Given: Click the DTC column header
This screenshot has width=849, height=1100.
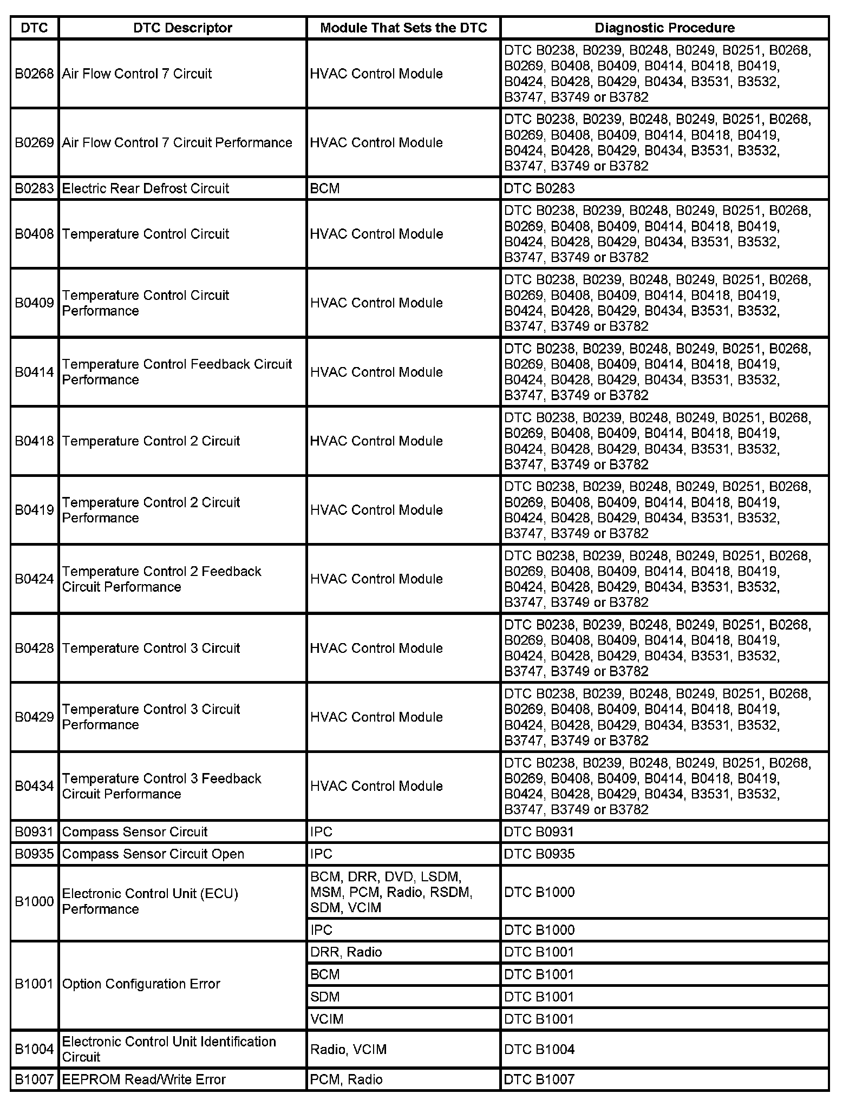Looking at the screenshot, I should point(34,28).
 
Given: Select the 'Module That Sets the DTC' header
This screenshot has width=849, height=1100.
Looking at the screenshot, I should point(403,28).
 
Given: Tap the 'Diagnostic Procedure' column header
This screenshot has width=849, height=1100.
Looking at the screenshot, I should point(664,28).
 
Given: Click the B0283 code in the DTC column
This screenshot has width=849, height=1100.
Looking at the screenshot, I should point(34,188).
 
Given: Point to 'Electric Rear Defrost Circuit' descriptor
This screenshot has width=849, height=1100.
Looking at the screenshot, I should point(146,188).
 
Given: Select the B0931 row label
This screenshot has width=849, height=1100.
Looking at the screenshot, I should point(34,831).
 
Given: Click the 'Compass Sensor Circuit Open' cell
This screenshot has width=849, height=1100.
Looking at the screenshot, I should point(153,854).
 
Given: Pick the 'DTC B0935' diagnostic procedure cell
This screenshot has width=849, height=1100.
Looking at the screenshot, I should point(539,854).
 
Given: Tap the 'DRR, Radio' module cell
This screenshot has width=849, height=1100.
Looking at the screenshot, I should point(346,952).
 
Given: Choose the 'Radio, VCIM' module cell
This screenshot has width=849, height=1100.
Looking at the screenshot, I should point(348,1050).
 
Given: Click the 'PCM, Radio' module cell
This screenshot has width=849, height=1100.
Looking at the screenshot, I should point(346,1079).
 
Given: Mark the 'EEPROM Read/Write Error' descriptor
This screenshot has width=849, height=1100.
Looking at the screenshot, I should point(143,1079).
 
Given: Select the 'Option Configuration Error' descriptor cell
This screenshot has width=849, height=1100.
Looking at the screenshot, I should point(141,984).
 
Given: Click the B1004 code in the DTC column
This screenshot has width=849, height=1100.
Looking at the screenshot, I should point(34,1050).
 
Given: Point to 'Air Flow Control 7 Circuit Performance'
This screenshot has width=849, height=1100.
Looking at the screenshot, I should point(177,142).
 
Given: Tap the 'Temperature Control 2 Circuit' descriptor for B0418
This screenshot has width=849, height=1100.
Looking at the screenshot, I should point(151,441).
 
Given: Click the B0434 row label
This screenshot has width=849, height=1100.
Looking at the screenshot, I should point(34,786).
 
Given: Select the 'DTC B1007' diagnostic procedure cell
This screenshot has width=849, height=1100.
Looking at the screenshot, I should point(539,1079).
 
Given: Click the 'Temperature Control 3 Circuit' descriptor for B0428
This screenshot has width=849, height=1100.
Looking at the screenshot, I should point(151,648).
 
